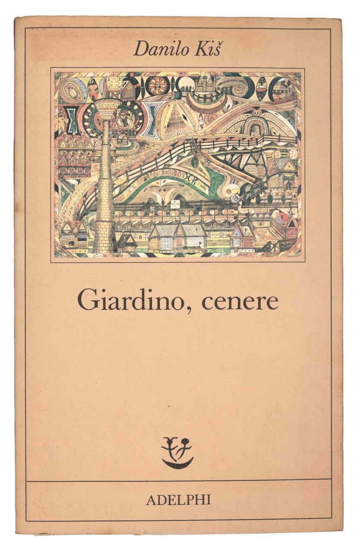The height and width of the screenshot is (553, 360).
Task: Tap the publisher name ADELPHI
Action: point(178,500)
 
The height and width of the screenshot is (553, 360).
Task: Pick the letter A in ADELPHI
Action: point(151,500)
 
